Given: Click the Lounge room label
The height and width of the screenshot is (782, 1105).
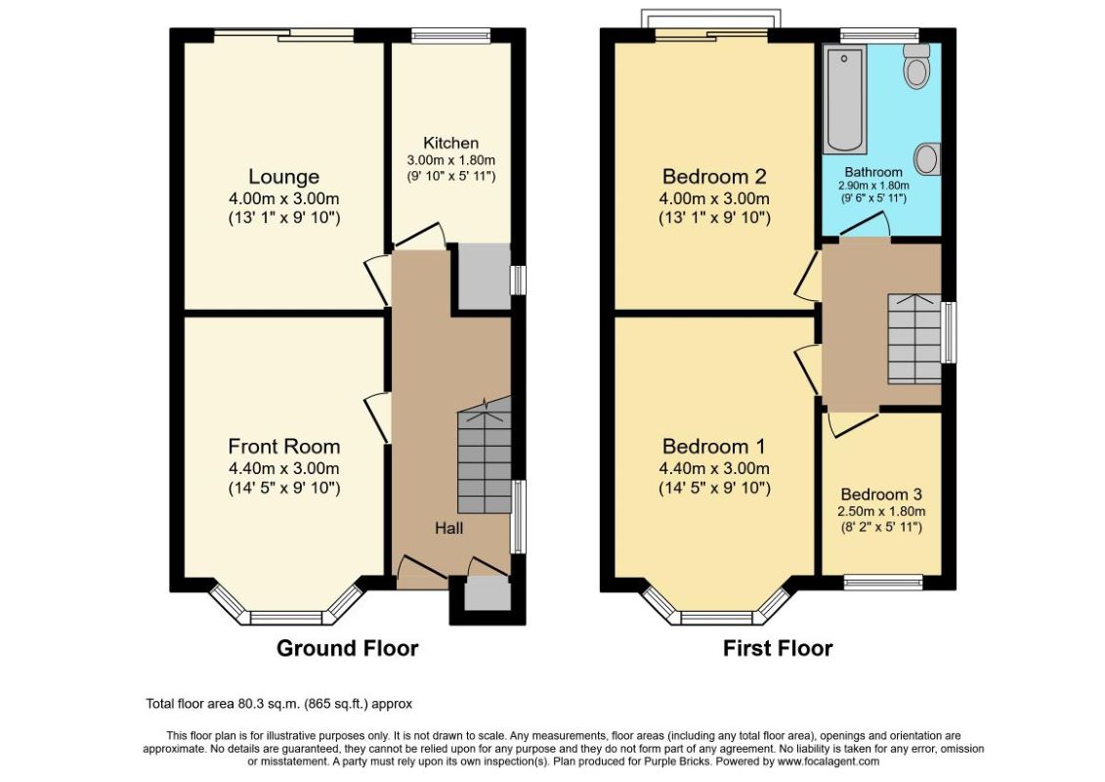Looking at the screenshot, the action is pos(284,176).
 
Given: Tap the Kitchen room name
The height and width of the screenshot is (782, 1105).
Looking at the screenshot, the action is pos(451,143).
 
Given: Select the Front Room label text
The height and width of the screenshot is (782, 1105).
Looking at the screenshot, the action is pos(284,447).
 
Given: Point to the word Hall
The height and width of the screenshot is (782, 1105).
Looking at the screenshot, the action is pos(448,528).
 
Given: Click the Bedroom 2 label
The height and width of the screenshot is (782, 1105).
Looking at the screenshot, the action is pos(714,176).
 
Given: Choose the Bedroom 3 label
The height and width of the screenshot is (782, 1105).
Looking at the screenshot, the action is pos(881,495).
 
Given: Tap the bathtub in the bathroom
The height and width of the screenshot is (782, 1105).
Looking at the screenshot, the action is pos(844,99).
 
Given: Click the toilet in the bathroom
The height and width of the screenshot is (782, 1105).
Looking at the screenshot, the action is pos(916,65).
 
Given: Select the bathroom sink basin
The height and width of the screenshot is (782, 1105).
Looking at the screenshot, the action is pos(927,158).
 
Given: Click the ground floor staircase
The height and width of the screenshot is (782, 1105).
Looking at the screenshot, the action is pos(485,455).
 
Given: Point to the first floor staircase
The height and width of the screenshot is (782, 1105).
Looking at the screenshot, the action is pos(914,338).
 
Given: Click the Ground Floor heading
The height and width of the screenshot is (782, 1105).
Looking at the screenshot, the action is pos(348,648).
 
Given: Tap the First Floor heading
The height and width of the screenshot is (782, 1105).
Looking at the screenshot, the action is pos(778,648).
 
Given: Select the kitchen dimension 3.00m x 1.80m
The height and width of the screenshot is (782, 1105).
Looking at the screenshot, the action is pos(451,160).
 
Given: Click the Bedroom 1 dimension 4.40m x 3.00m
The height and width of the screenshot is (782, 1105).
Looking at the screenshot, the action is pos(714,468).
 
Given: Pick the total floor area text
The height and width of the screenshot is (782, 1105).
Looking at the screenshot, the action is pos(279,703).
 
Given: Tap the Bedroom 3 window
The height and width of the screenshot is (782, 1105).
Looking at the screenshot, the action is pos(884,582).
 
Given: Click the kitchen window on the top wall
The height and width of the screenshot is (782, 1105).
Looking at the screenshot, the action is pos(451,35).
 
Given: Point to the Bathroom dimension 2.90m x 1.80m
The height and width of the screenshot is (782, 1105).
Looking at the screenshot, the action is pos(873,186).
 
